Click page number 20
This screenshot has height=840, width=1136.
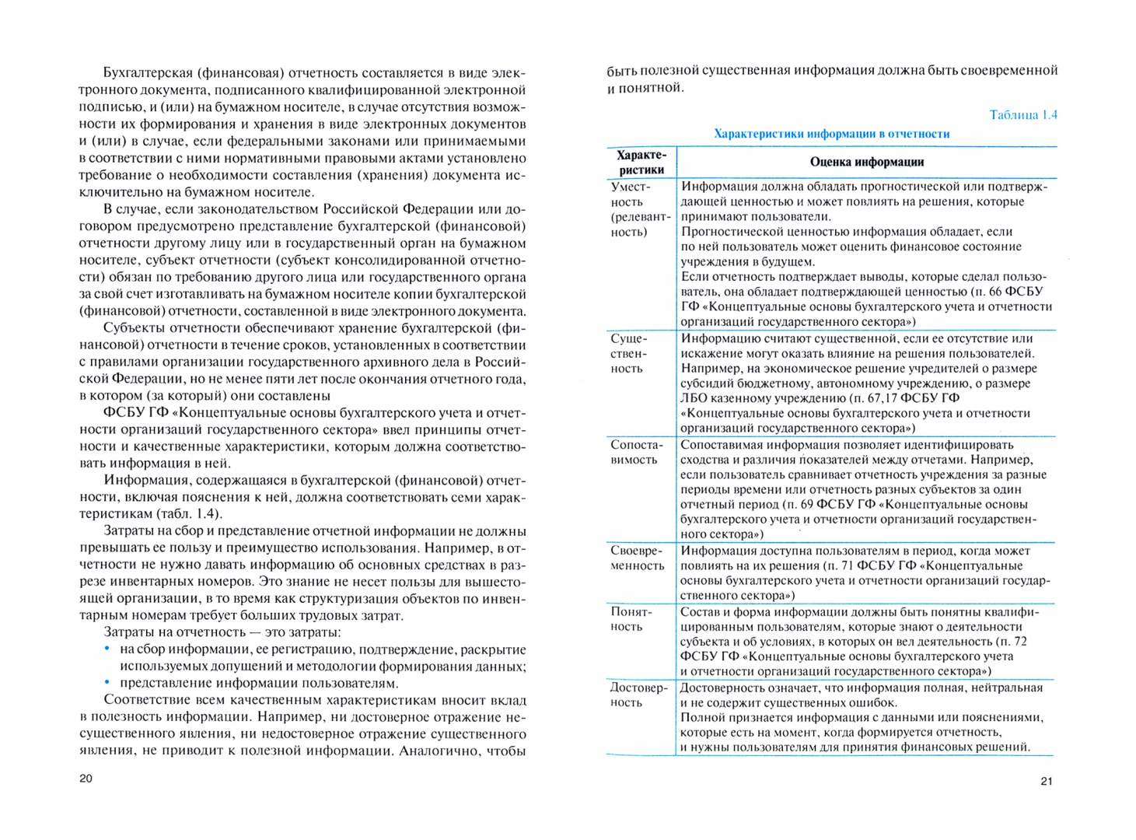click(86, 779)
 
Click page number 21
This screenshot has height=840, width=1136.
click(1046, 781)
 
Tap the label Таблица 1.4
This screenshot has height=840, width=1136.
click(1022, 115)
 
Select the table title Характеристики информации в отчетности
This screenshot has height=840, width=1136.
click(831, 134)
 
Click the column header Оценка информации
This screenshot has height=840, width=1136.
click(866, 163)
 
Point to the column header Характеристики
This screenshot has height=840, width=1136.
click(641, 163)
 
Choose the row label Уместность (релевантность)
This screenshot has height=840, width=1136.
click(639, 209)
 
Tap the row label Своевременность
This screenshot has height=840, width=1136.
click(637, 558)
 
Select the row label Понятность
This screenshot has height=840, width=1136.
click(631, 619)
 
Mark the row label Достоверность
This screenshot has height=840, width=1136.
click(638, 695)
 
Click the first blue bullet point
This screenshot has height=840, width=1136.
click(107, 649)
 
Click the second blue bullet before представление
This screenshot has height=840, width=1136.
click(107, 683)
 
